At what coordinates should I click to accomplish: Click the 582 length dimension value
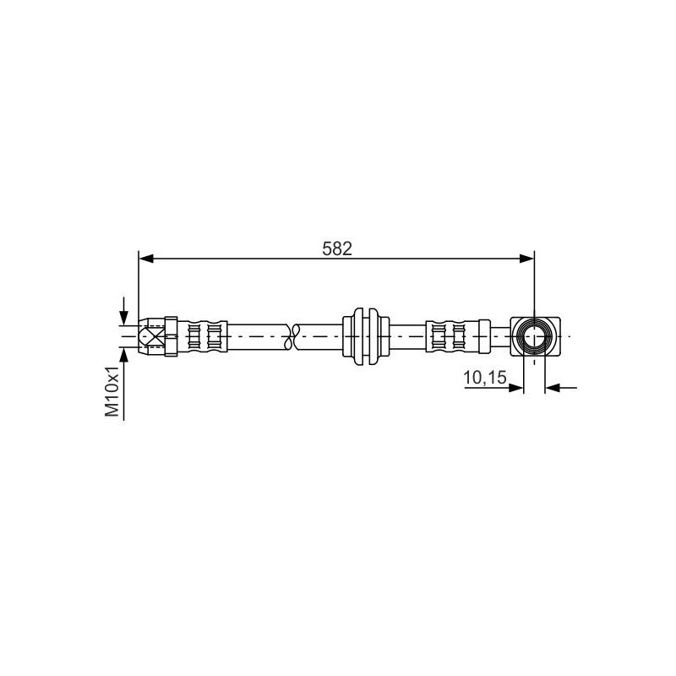337,248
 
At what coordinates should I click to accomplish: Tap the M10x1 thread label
112,391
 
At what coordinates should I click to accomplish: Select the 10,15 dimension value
484,378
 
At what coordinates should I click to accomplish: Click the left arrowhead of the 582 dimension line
146,259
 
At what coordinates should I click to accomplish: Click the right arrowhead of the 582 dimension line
526,259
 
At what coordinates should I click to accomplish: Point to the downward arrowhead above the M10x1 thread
124,318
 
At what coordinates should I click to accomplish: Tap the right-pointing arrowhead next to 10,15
516,388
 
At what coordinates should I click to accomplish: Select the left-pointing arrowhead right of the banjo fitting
553,388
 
